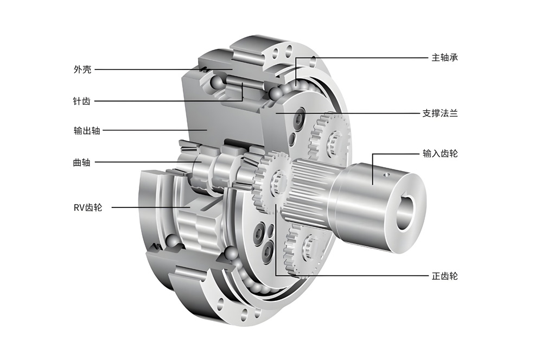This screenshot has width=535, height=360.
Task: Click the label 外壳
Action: pyautogui.click(x=82, y=70)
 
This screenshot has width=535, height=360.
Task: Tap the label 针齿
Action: pyautogui.click(x=82, y=101)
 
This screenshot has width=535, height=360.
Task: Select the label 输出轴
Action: pyautogui.click(x=87, y=130)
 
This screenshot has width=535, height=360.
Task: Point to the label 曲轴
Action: pyautogui.click(x=82, y=162)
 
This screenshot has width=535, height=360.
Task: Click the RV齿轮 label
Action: pyautogui.click(x=88, y=207)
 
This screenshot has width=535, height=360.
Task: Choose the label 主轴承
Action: pyautogui.click(x=444, y=58)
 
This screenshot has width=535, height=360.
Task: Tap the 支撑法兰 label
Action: pyautogui.click(x=440, y=113)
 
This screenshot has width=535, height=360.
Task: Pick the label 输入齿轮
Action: pyautogui.click(x=440, y=153)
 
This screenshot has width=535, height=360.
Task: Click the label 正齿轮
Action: pyautogui.click(x=444, y=276)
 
